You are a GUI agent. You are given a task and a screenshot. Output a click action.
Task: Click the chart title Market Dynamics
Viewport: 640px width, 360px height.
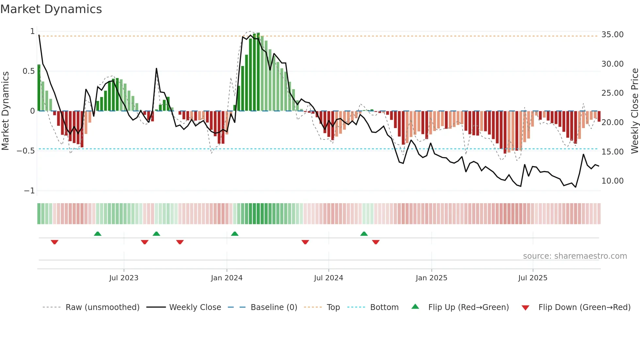51,9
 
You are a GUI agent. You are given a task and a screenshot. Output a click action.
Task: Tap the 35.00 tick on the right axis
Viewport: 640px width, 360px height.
612,35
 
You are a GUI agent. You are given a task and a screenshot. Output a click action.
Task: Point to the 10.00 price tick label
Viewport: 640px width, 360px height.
612,181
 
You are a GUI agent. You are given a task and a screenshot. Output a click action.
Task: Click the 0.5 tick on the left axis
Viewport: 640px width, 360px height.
28,71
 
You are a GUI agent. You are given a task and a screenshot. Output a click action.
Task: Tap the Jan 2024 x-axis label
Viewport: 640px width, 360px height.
227,278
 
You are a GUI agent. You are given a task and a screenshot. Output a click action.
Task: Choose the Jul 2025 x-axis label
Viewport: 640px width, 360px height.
533,278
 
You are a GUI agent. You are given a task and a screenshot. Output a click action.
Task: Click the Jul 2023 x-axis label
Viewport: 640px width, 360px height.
124,278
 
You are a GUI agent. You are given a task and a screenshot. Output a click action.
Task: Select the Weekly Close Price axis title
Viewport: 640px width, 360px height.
634,111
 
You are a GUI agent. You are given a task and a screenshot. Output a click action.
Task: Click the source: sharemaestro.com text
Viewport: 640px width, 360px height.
575,256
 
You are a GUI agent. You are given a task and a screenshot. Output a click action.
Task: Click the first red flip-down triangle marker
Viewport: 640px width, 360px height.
55,242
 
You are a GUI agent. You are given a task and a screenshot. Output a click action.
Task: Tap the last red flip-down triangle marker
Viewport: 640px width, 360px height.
376,242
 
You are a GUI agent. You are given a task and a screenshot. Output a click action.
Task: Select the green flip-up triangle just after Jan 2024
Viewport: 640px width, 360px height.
235,234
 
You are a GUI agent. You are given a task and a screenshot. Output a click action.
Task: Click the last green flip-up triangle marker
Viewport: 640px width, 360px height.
364,234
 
